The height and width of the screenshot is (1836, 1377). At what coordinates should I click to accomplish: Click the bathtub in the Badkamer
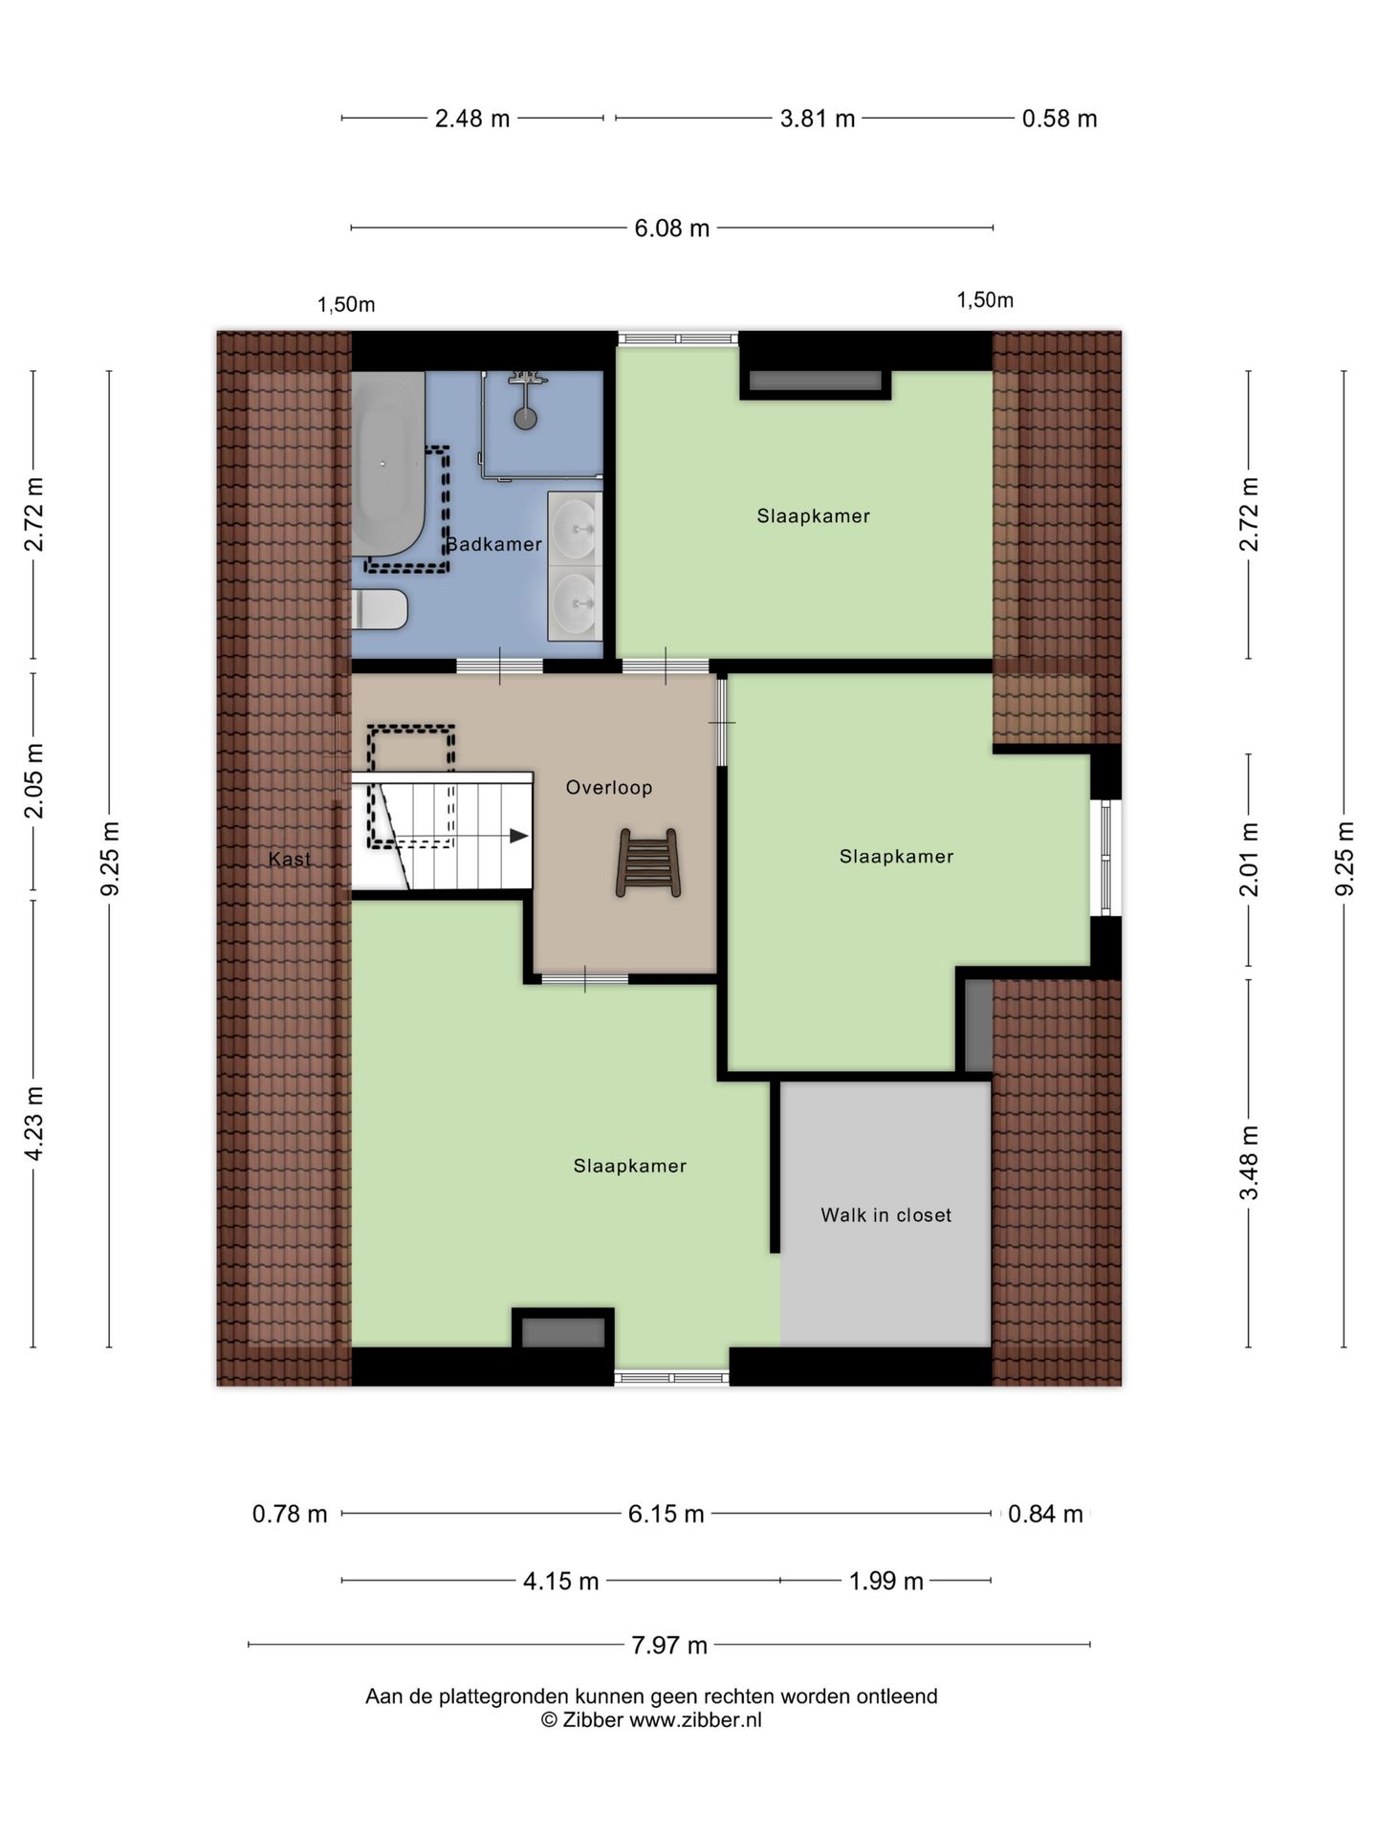pyautogui.click(x=386, y=464)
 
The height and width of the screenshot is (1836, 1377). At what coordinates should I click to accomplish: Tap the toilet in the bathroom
pyautogui.click(x=381, y=609)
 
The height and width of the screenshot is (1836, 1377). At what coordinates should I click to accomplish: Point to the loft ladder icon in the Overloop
pyautogui.click(x=648, y=863)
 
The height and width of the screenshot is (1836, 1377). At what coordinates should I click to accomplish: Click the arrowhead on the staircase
pyautogui.click(x=519, y=836)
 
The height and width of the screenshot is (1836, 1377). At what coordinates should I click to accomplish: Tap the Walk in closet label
pyautogui.click(x=885, y=1215)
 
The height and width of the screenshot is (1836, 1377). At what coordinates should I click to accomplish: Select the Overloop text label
pyautogui.click(x=609, y=788)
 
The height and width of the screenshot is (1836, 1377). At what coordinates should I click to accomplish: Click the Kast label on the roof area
pyautogui.click(x=289, y=859)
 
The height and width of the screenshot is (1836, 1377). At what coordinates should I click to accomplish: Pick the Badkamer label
pyautogui.click(x=495, y=544)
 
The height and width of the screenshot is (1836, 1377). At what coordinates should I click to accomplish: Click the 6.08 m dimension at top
pyautogui.click(x=672, y=229)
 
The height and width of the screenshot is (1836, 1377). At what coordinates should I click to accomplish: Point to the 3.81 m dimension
pyautogui.click(x=817, y=119)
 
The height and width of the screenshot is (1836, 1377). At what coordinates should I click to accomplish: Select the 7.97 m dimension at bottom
pyautogui.click(x=668, y=1646)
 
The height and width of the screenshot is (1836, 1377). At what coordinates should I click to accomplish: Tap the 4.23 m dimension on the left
pyautogui.click(x=34, y=1124)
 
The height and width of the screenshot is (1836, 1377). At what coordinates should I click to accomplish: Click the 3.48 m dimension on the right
pyautogui.click(x=1249, y=1162)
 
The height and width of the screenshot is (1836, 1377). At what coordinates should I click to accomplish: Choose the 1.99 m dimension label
pyautogui.click(x=885, y=1582)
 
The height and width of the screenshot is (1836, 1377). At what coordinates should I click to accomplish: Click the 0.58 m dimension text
pyautogui.click(x=1059, y=119)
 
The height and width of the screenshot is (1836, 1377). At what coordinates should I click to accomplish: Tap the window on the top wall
pyautogui.click(x=677, y=338)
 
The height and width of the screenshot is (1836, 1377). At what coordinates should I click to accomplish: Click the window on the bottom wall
pyautogui.click(x=671, y=1378)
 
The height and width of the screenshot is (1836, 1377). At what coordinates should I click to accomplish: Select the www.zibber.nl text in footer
pyautogui.click(x=695, y=1720)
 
